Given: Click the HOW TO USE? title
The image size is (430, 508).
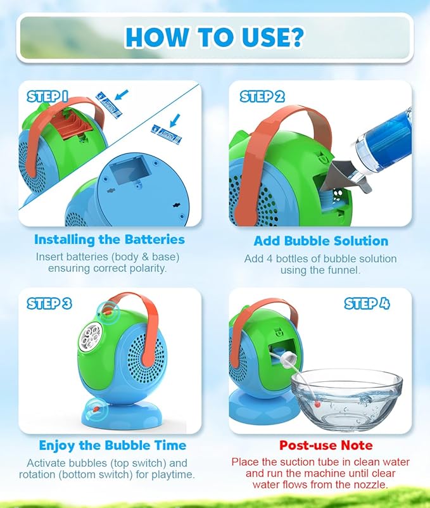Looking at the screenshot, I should [215, 37].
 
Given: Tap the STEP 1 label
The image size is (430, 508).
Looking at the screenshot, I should [47, 96].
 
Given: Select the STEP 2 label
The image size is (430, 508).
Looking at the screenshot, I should [262, 96].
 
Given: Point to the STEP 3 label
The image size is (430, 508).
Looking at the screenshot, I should [49, 303].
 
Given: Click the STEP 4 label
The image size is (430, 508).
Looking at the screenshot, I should [367, 303].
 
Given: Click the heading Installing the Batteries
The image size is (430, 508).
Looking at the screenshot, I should [110, 239].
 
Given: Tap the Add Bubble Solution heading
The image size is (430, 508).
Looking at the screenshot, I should [320, 241].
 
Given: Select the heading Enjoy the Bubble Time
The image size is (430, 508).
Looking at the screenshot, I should [113, 445].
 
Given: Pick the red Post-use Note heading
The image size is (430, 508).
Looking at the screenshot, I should [326, 445].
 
